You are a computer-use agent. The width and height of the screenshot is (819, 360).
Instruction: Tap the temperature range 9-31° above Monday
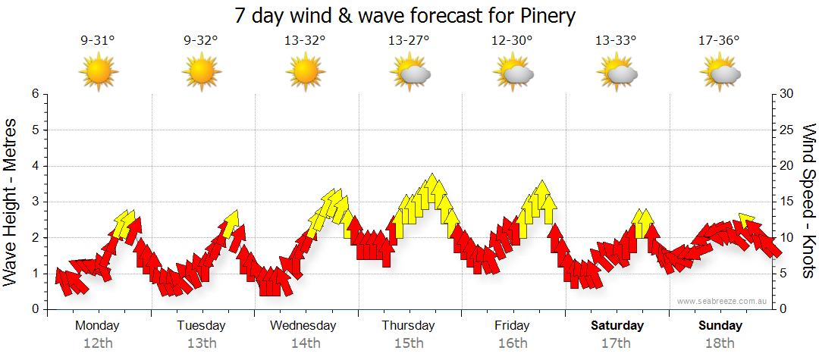97,42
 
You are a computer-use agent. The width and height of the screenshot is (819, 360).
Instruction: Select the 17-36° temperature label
719,42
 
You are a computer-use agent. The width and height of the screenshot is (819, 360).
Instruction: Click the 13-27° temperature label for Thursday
409,42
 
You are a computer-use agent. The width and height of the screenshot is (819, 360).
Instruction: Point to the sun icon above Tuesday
201,73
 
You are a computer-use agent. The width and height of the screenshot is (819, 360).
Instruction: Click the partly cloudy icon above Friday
513,73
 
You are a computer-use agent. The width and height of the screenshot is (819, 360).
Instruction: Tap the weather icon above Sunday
720,73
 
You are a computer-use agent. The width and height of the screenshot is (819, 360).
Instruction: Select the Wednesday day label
304,326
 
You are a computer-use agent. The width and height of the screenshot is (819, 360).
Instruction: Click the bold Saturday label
617,326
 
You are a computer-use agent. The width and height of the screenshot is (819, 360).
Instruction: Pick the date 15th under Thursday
409,343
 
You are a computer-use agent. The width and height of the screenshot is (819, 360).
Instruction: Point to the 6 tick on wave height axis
35,94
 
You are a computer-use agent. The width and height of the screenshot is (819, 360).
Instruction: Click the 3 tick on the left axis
35,202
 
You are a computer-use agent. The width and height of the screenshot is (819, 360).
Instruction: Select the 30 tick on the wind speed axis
786,94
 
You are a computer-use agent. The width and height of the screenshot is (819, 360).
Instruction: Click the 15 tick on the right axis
786,202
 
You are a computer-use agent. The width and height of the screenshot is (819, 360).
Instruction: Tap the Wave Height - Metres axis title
12,202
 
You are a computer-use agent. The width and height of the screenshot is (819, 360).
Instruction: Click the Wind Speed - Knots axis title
808,202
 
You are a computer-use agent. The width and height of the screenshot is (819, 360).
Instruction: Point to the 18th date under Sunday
720,343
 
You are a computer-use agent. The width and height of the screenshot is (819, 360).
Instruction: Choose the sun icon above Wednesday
305,73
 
